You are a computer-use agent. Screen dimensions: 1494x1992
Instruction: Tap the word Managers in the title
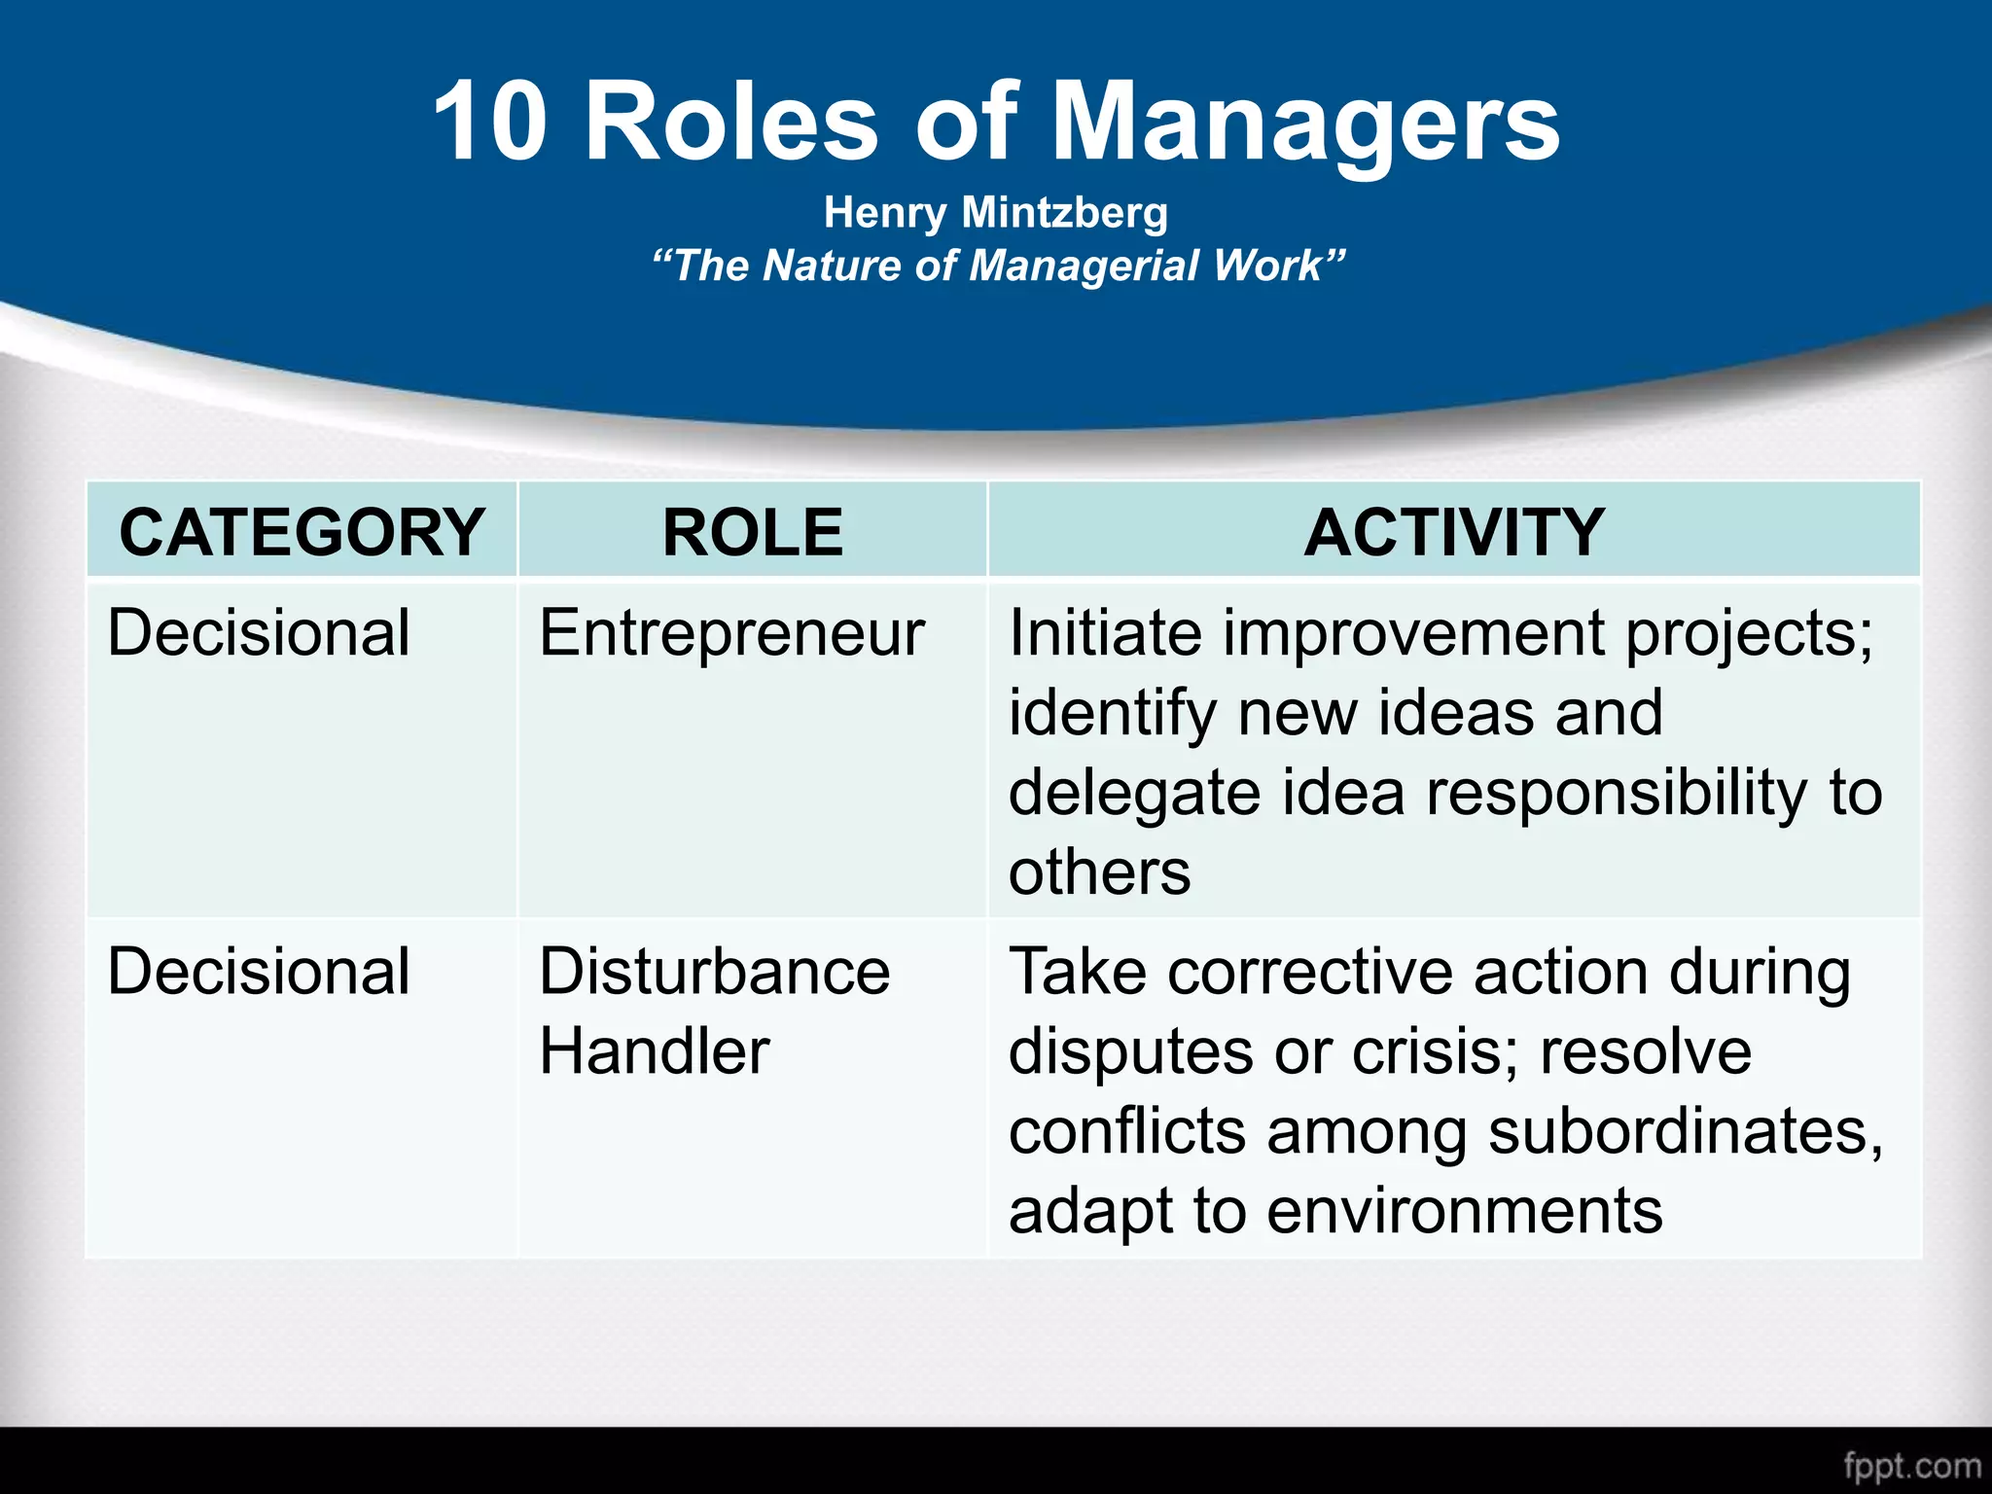click(1305, 124)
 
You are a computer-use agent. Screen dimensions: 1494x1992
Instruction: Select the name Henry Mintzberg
click(995, 212)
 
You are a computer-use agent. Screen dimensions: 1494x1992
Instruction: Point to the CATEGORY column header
click(302, 532)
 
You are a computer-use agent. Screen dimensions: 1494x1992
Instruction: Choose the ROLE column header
click(752, 532)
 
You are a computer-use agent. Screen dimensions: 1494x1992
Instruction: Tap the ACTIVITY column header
click(1453, 532)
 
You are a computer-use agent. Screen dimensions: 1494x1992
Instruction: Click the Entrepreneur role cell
click(731, 633)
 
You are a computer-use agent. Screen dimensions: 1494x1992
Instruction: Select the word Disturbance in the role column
click(714, 971)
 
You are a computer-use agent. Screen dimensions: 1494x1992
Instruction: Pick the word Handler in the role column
click(654, 1051)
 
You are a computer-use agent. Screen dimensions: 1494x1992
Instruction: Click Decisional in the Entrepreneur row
click(259, 633)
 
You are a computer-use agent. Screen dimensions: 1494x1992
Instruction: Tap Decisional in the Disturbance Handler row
click(259, 971)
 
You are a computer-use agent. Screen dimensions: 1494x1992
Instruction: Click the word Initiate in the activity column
click(1105, 633)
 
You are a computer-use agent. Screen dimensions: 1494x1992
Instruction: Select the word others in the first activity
click(1099, 871)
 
